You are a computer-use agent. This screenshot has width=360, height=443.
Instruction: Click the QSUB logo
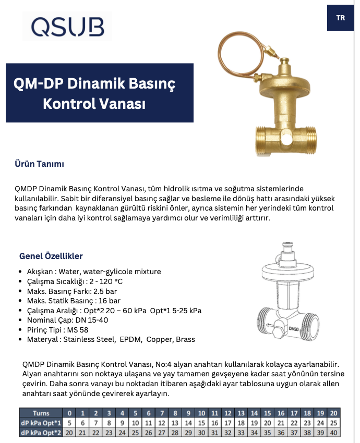click(x=67, y=26)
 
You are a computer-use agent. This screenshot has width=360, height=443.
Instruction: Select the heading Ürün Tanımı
click(x=39, y=164)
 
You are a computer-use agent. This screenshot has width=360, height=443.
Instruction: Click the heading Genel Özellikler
click(x=51, y=256)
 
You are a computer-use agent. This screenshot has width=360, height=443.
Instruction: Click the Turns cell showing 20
click(x=334, y=413)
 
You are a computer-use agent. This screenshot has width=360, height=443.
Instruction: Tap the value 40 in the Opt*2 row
click(x=334, y=432)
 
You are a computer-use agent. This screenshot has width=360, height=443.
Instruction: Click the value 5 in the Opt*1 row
click(x=70, y=423)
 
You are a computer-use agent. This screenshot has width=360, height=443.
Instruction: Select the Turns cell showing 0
click(x=70, y=413)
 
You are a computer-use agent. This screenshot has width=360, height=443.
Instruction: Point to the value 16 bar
click(x=109, y=301)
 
